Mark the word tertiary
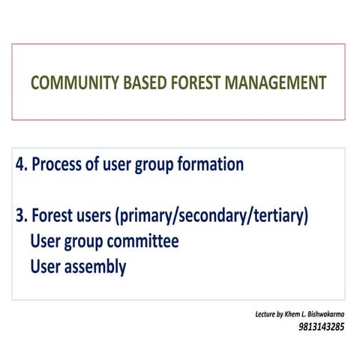[279, 217]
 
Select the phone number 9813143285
[322, 327]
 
